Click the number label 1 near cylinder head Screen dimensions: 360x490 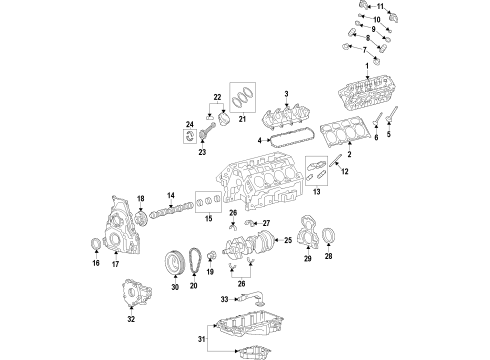point(380,66)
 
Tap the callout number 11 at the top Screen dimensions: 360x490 point(380,7)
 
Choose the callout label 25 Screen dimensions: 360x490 point(287,241)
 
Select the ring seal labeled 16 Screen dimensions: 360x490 point(96,244)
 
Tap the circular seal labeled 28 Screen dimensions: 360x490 point(332,236)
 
